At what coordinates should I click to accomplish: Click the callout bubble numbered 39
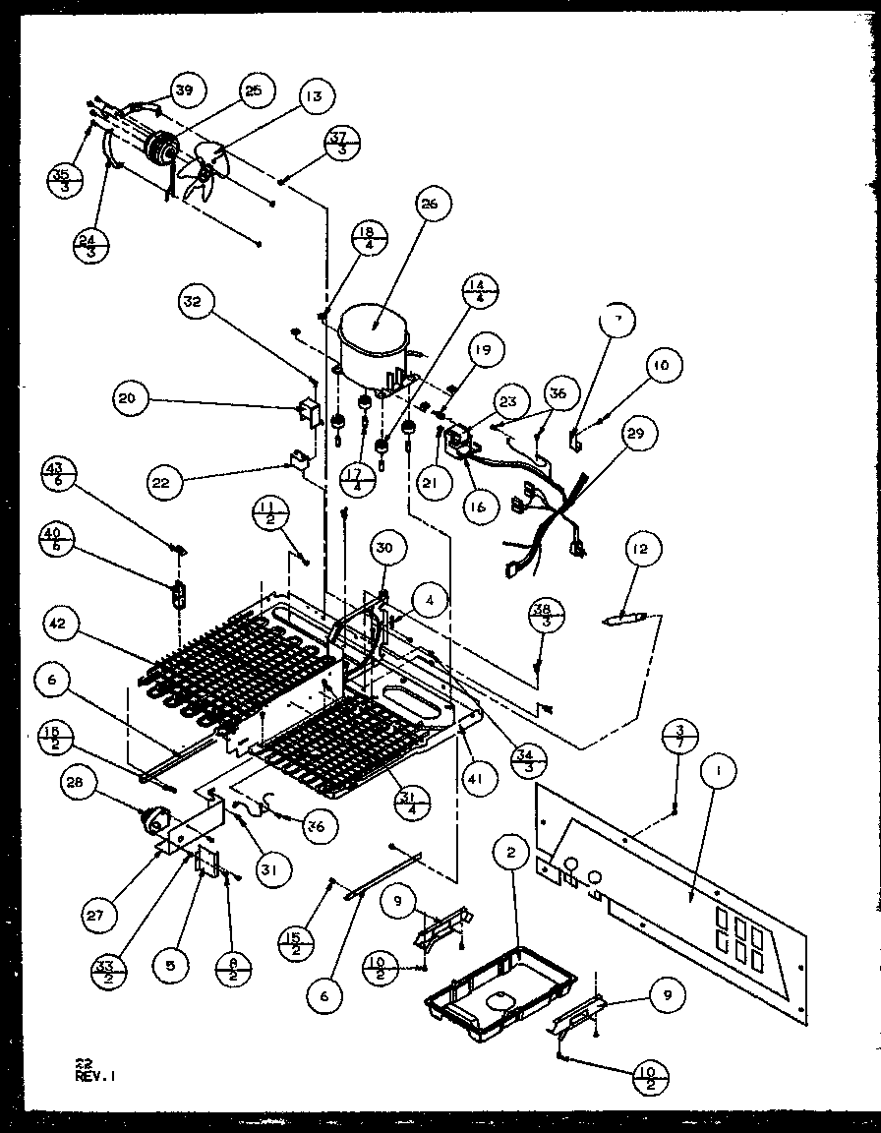185,90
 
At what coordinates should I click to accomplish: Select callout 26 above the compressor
434,205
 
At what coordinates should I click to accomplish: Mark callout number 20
131,399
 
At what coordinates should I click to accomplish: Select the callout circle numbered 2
511,854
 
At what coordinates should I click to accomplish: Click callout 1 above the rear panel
719,774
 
